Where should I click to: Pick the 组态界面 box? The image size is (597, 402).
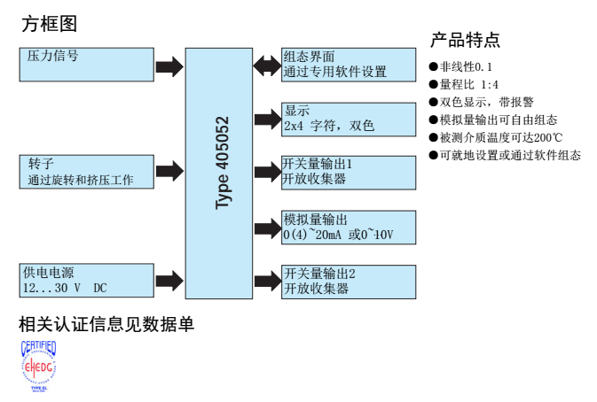click(x=349, y=64)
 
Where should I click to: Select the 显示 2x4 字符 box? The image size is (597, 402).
click(x=349, y=119)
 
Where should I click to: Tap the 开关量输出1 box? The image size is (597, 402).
click(x=349, y=172)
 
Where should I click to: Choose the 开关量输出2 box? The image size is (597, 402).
click(x=349, y=281)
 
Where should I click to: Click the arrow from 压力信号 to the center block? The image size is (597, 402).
click(x=169, y=66)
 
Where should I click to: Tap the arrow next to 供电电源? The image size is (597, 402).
click(x=169, y=279)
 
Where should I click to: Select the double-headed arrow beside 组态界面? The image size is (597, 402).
click(x=267, y=65)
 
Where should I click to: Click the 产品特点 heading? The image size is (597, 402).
click(x=465, y=40)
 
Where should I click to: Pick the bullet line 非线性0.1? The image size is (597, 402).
click(x=460, y=66)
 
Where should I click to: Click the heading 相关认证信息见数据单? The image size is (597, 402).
click(x=106, y=325)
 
